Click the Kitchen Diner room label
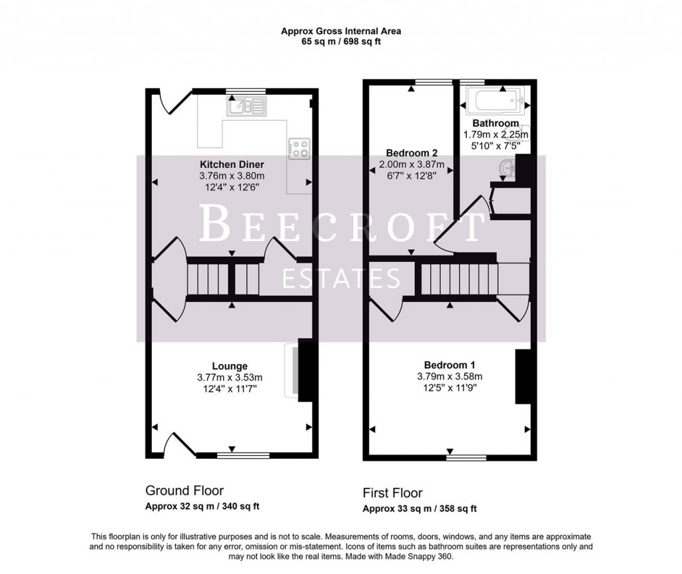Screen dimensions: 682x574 tap(232, 165)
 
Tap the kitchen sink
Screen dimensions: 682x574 tap(246, 106)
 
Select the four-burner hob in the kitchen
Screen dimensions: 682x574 tap(299, 148)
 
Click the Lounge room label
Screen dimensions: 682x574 tap(230, 366)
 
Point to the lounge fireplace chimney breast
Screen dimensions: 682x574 tap(305, 370)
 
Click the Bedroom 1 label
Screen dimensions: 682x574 tap(450, 365)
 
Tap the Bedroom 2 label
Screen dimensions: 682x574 tap(412, 153)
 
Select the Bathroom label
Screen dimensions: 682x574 tap(496, 123)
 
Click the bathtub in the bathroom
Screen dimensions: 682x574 tap(495, 99)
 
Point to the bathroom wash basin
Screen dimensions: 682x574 tap(507, 169)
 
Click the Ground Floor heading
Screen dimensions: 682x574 tap(184, 491)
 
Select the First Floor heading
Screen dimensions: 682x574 tap(393, 493)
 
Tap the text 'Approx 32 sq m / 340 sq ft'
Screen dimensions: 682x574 tap(202, 507)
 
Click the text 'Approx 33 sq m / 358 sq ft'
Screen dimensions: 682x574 tap(420, 509)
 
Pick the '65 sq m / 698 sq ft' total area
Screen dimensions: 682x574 tap(341, 42)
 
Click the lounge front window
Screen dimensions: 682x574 tap(243, 455)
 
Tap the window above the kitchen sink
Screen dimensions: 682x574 tap(246, 91)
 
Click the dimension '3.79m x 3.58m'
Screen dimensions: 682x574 tap(450, 376)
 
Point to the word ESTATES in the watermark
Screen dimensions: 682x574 tap(342, 278)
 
